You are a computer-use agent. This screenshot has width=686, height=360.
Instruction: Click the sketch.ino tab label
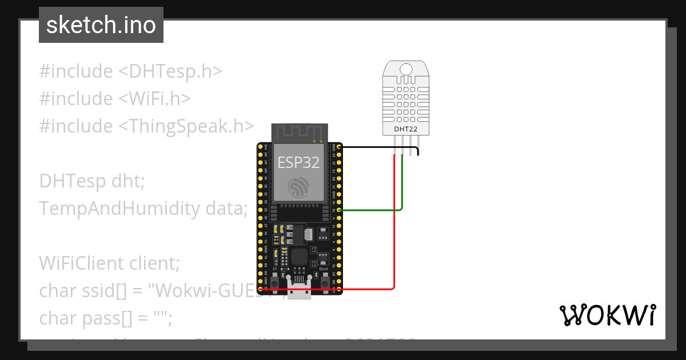[101, 25]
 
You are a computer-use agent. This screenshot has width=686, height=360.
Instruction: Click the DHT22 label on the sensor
[405, 129]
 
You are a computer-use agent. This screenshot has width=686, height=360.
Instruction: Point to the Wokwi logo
[607, 315]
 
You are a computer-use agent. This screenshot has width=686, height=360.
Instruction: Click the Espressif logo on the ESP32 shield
[298, 187]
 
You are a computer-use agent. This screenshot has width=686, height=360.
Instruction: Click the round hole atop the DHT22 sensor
[406, 70]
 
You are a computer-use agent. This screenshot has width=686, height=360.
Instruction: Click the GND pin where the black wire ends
[340, 147]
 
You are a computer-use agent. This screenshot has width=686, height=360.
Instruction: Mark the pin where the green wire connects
[340, 210]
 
